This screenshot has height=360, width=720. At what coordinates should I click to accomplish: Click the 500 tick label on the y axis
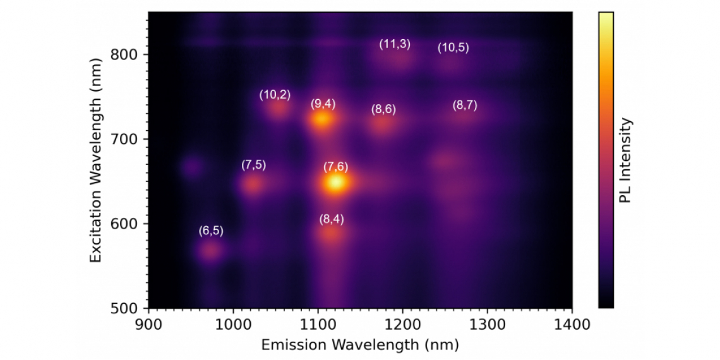pyautogui.click(x=128, y=309)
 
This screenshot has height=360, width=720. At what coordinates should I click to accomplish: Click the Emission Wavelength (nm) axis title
pyautogui.click(x=360, y=345)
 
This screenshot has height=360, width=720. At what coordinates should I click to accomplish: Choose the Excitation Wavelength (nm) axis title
pyautogui.click(x=95, y=160)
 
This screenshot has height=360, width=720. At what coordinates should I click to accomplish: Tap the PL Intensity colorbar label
pyautogui.click(x=625, y=160)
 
